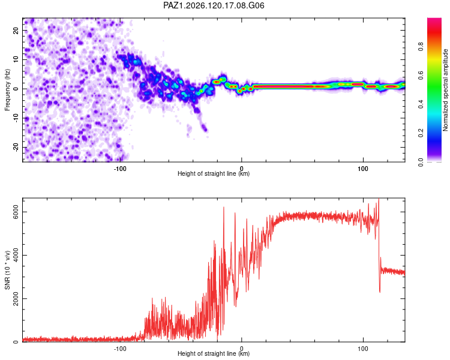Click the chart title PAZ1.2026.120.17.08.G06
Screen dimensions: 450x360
(214, 5)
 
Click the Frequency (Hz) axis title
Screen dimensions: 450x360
(7, 90)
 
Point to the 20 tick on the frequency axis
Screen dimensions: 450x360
(16, 31)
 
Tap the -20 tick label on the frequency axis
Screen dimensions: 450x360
(16, 148)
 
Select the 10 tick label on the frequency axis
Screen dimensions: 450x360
(16, 59)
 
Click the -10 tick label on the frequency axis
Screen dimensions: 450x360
(16, 118)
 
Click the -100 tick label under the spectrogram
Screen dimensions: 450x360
(120, 169)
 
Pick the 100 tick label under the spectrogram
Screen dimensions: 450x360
(363, 169)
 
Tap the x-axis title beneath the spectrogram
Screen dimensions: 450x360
(214, 173)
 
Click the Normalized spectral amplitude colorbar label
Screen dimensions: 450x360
(445, 90)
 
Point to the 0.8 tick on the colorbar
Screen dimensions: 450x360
(421, 46)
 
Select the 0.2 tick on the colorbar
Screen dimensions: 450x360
(421, 133)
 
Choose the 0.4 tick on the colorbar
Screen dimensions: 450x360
(421, 104)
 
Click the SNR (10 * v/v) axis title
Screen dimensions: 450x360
(7, 270)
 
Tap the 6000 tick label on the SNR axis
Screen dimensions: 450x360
(16, 212)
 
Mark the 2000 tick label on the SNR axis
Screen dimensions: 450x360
(16, 299)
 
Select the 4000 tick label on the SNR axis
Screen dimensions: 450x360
(16, 256)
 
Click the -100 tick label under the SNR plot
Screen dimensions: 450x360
(120, 349)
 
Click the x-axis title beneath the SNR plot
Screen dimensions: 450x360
(214, 353)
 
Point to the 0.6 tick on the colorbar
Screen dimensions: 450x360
(421, 75)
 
